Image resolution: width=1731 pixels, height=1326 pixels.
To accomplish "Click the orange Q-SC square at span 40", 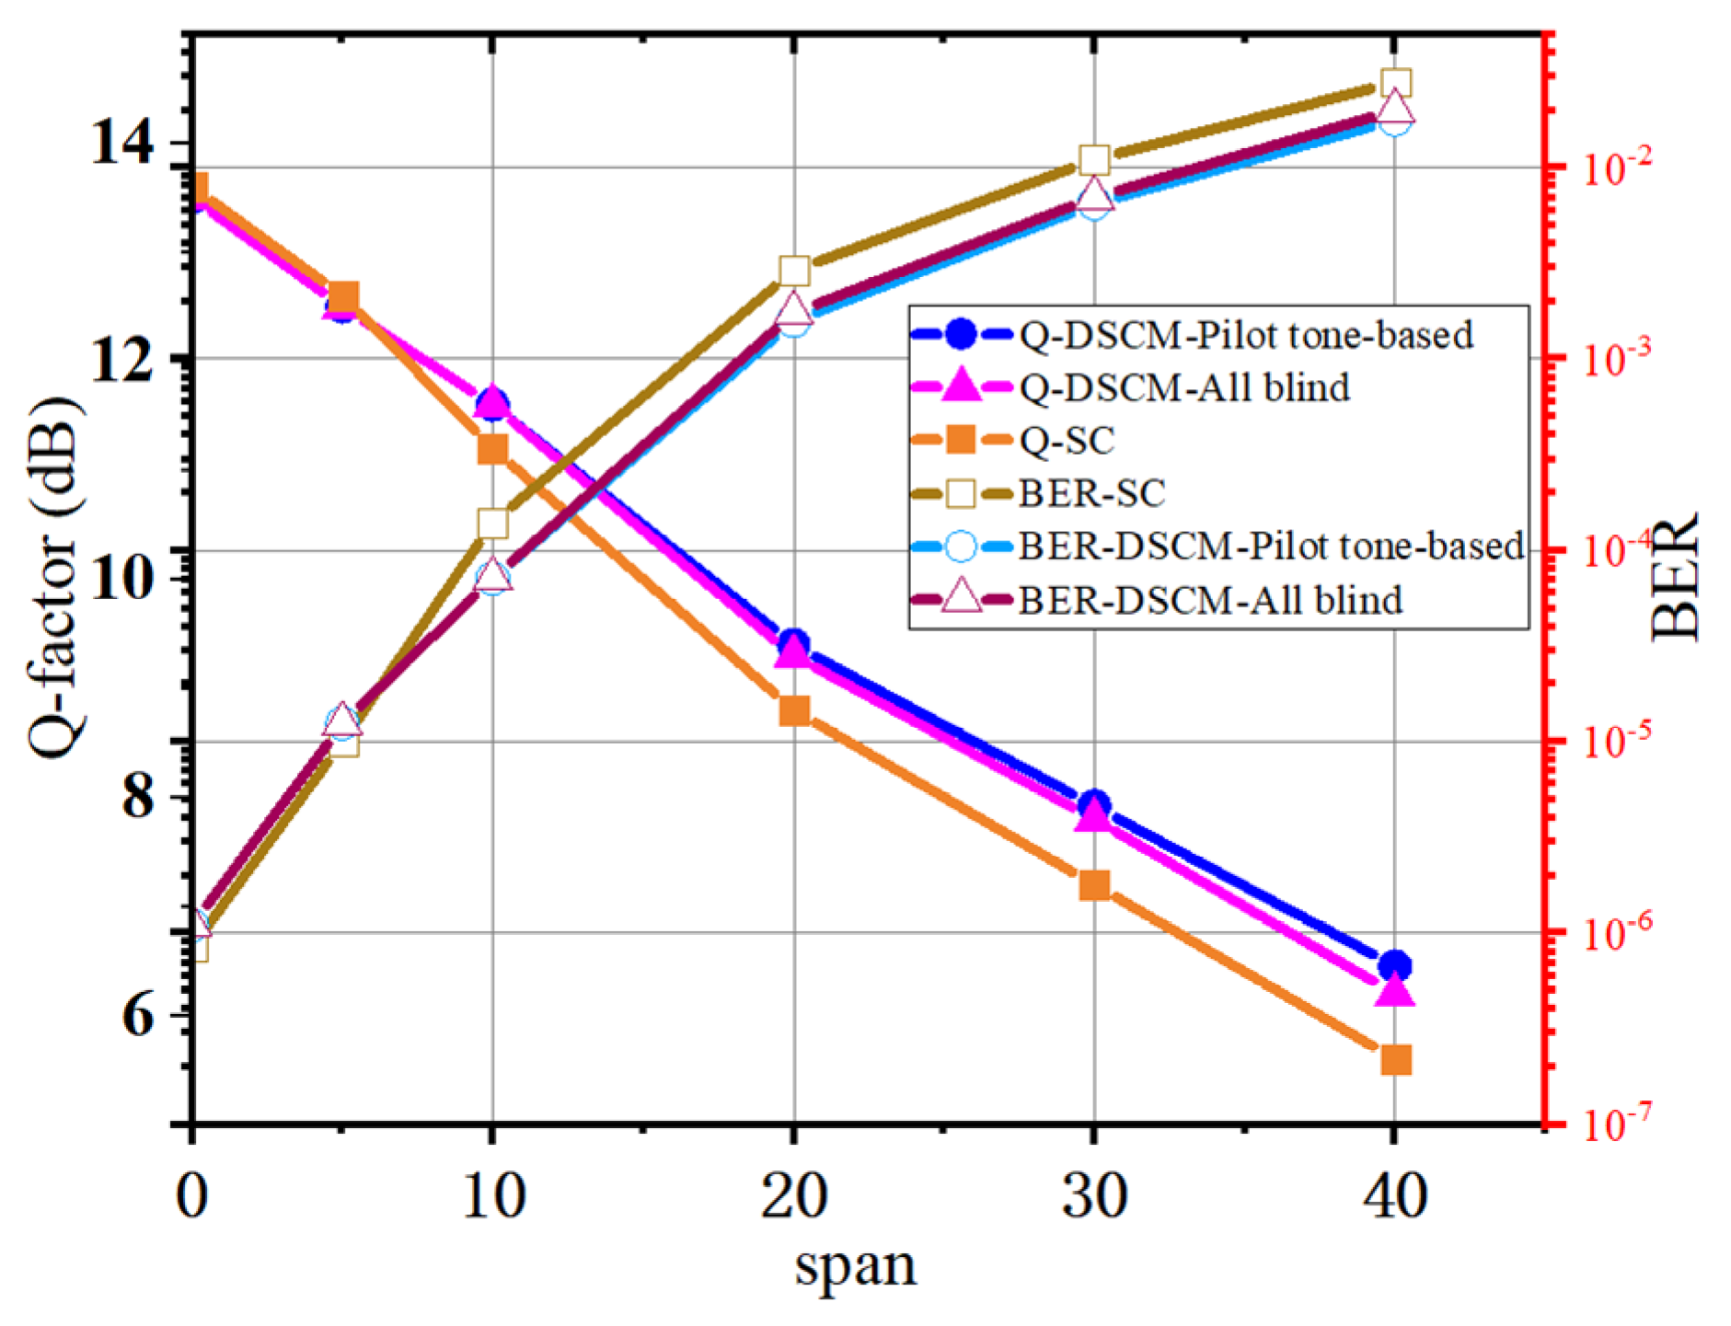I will point(1395,1060).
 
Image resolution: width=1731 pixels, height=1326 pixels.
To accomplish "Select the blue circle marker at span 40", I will point(1395,966).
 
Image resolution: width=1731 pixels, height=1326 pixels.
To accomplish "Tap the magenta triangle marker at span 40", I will point(1395,992).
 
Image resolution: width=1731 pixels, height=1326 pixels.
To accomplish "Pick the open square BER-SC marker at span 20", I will point(793,271).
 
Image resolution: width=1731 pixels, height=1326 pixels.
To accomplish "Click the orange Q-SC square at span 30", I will point(1094,885).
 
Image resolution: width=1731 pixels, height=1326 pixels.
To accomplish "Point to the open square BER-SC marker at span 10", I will point(493,524).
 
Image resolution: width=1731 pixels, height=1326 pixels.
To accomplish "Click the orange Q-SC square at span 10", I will point(493,449).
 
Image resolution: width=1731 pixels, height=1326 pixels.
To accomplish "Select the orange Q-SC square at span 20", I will point(793,711).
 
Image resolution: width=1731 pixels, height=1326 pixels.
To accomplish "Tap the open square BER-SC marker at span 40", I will point(1396,84).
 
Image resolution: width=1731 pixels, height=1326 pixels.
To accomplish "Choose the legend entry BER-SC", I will point(1091,494).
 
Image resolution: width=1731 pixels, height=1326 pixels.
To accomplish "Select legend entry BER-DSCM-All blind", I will point(1209,601).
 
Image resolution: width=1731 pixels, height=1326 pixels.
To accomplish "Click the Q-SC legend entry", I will point(1067,441).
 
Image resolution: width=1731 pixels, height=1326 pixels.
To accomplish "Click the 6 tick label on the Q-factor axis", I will point(138,1015).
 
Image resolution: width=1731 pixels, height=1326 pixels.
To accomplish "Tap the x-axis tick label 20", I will point(793,1197).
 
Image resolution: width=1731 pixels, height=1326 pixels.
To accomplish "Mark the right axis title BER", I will point(1674,577).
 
